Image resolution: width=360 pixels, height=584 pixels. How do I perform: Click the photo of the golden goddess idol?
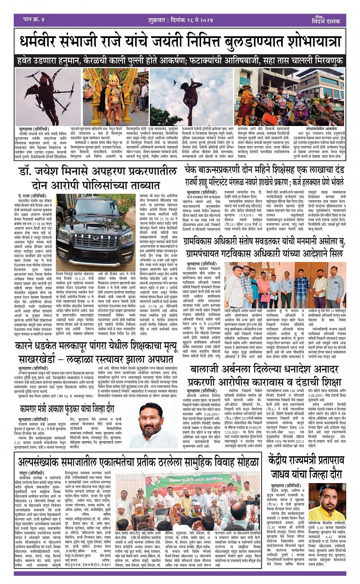(x=105, y=97)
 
